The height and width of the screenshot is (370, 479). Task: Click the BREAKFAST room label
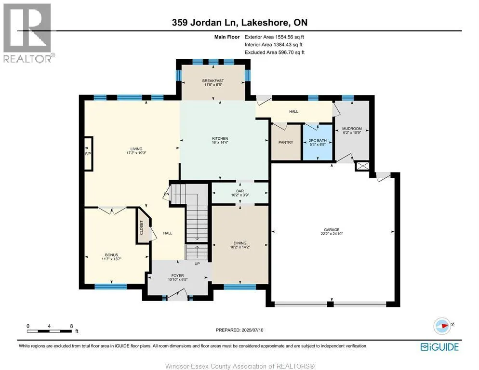(213, 80)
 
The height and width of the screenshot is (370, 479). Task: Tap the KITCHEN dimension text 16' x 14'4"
(220, 143)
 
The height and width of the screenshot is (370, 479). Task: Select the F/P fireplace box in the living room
(88, 154)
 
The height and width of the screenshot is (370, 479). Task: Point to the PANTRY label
(286, 143)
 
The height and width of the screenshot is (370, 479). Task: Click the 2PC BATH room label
(318, 141)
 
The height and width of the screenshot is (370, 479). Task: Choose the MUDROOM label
(352, 129)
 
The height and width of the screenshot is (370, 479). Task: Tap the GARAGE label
(332, 230)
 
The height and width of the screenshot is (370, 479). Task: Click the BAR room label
(240, 191)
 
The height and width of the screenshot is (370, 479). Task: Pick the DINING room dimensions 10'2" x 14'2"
(240, 247)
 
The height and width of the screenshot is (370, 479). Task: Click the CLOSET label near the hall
(142, 227)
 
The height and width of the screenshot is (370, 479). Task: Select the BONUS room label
(111, 255)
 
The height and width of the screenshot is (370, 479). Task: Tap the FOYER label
(177, 276)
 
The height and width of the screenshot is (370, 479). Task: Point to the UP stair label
(197, 264)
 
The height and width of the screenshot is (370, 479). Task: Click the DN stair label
(166, 194)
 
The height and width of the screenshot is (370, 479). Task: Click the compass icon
(442, 326)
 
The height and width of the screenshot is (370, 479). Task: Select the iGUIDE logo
(439, 347)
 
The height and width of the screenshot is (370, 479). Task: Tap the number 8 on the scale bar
(71, 326)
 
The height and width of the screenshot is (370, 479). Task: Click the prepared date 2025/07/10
(253, 330)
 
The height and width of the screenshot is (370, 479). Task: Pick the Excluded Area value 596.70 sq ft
(292, 52)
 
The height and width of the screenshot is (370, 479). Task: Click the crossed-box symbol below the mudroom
(362, 166)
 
